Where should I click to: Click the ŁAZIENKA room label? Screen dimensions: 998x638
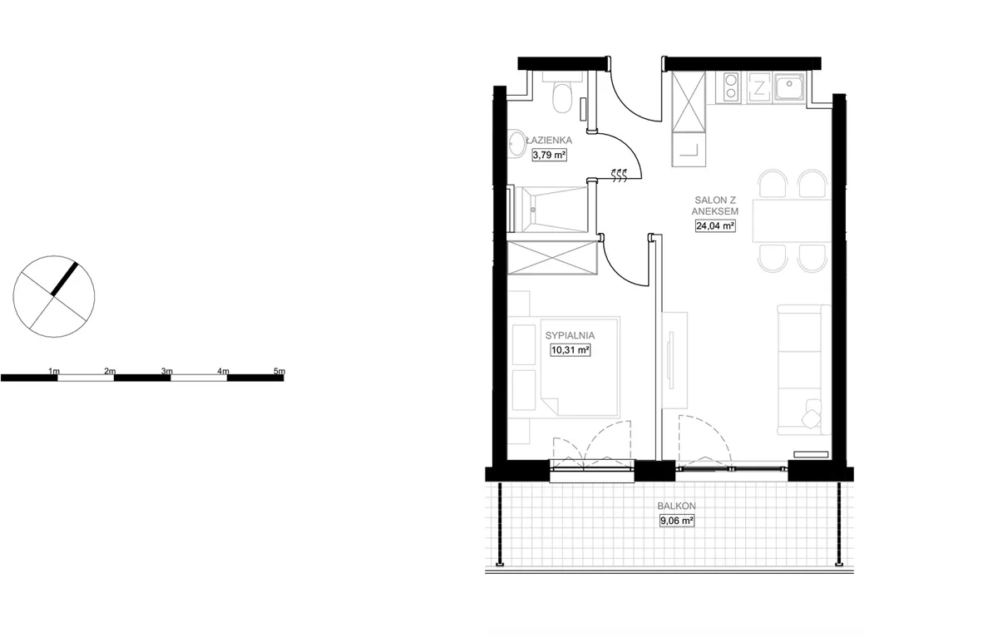click(549, 141)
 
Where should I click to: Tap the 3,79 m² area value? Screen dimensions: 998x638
click(550, 155)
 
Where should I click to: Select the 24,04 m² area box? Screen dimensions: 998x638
click(715, 226)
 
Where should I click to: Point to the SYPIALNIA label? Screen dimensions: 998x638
click(570, 335)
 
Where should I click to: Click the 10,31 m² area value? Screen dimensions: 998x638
click(571, 350)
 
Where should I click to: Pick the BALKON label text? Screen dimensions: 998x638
click(676, 506)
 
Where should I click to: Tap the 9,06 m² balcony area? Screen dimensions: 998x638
click(677, 521)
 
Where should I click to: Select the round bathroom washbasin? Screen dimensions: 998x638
click(517, 142)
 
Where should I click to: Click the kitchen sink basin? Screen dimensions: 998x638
click(789, 87)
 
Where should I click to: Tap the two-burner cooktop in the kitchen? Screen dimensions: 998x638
click(731, 87)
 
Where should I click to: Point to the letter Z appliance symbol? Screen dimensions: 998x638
click(758, 88)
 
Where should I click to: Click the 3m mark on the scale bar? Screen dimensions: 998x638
click(167, 371)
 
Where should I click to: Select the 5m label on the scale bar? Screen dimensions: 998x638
click(279, 371)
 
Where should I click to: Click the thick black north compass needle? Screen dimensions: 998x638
click(65, 279)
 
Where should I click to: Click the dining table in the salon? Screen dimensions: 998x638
click(792, 221)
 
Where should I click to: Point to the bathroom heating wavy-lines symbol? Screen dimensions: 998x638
click(619, 176)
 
